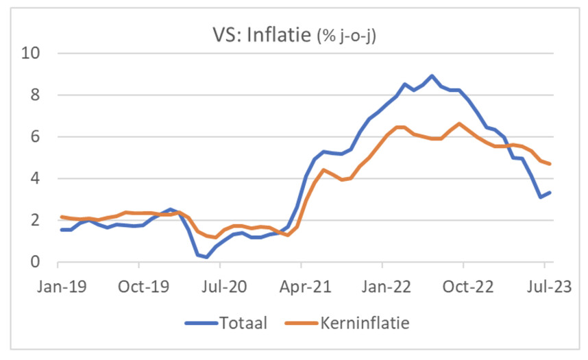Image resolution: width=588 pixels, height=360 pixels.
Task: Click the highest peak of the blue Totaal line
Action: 432,76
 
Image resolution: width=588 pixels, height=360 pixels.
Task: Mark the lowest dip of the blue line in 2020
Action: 206,257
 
